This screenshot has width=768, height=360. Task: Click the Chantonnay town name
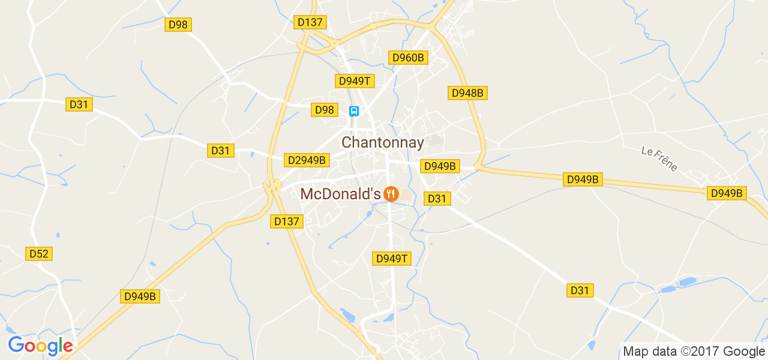point(383,143)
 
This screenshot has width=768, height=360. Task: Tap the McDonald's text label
point(340,194)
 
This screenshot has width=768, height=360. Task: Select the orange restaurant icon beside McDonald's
point(391,194)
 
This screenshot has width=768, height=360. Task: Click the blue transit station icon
point(354,111)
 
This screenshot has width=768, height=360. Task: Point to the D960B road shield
point(408,58)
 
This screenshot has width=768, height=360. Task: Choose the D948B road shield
point(467,93)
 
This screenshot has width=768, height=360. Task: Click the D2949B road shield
point(307,160)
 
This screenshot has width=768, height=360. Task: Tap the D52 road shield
point(38,254)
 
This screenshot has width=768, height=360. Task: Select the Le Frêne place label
point(659,159)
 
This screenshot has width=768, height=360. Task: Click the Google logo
point(40,346)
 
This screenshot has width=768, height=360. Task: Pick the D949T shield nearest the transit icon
point(355,81)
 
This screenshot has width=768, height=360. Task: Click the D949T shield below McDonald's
point(392,259)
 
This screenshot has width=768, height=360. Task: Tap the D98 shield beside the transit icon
point(325,110)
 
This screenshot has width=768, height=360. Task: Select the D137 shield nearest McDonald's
point(286,221)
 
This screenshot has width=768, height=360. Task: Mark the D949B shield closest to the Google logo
point(140,296)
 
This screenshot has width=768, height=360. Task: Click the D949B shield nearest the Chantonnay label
point(440,166)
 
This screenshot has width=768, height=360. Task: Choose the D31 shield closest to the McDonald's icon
point(437,198)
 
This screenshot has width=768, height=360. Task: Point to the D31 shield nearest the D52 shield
point(79,104)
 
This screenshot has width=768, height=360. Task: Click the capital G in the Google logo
point(16,345)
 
